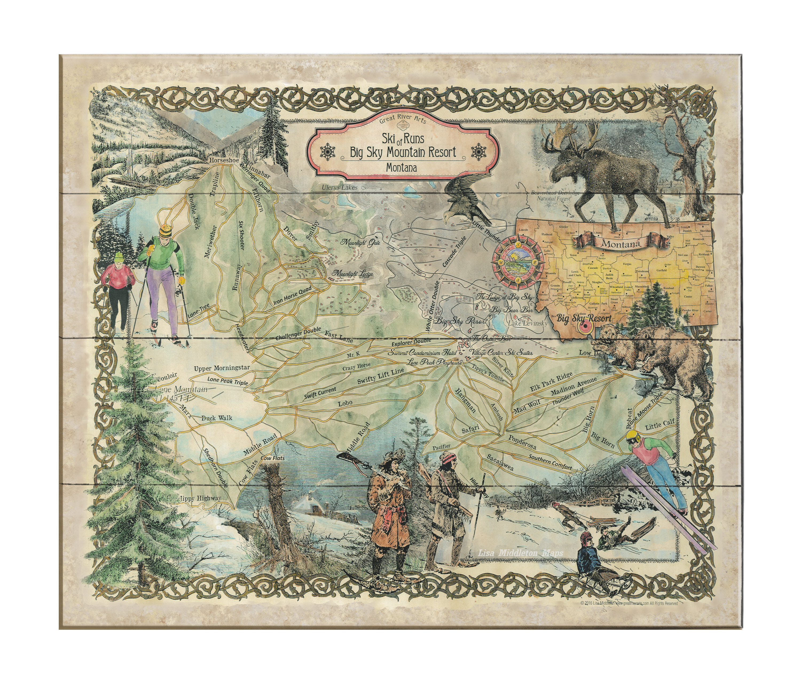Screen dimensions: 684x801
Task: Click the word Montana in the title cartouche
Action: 402,168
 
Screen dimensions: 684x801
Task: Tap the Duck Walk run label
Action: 217,418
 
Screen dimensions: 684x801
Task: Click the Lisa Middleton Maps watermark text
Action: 520,554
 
